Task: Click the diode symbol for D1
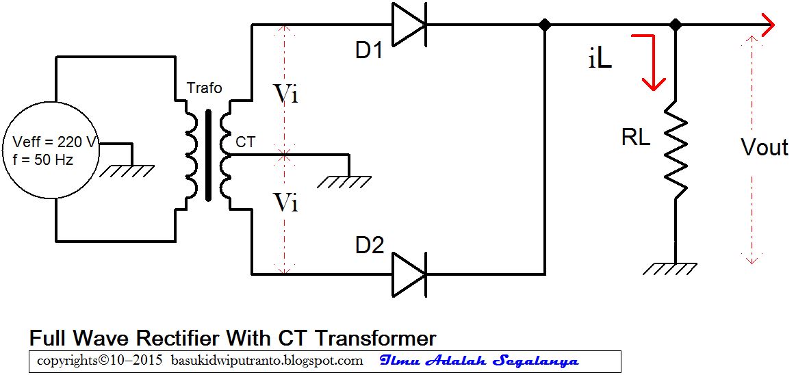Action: (x=409, y=25)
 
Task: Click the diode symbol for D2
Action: (x=409, y=274)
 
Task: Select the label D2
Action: (x=369, y=245)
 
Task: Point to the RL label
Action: (x=635, y=138)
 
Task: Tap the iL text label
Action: (x=599, y=60)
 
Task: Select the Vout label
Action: (x=764, y=147)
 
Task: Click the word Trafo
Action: (x=204, y=88)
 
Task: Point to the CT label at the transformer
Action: (x=245, y=142)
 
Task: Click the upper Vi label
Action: (x=285, y=94)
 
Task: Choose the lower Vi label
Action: (x=285, y=202)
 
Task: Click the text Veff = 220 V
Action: (x=55, y=143)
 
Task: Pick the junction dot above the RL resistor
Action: (x=676, y=25)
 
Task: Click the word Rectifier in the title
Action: (x=175, y=338)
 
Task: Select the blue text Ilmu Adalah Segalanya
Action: (x=479, y=361)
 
